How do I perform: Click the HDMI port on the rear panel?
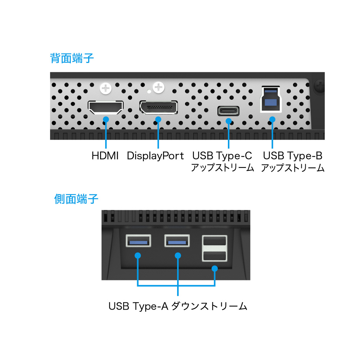coord(105,107)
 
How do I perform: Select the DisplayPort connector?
coord(158,107)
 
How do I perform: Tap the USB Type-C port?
coord(229,111)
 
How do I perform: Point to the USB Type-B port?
coord(271,99)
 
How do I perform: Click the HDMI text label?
coord(105,156)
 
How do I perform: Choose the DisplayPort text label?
coord(156,156)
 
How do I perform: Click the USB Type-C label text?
coord(222,156)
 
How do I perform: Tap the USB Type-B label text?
coord(293,156)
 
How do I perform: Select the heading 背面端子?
coord(72,58)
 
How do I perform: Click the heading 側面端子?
coord(76,199)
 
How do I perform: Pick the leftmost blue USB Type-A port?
coord(138,240)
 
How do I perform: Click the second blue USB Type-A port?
coord(177,240)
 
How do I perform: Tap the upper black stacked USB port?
coord(215,241)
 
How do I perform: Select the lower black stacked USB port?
coord(215,256)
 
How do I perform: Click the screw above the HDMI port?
coord(106,88)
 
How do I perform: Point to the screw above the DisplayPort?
coord(159,87)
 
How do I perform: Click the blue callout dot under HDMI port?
coord(106,120)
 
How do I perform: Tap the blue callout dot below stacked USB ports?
coord(215,269)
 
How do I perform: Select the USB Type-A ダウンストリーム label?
coord(178,306)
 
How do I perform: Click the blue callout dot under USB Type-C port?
coord(229,121)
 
